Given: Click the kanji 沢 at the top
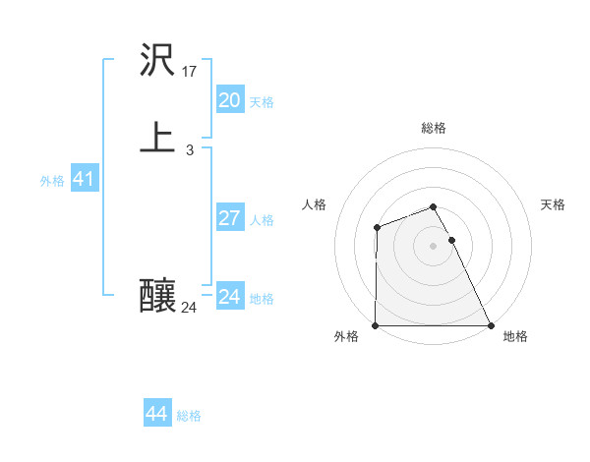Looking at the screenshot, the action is [159, 62].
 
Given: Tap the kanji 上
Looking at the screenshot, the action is [158, 139].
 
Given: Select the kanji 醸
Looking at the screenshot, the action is [158, 295].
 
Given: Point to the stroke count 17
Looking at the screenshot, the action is [190, 71].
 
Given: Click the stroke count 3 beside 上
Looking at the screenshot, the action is [189, 150].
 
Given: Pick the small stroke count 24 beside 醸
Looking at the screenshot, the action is [189, 308].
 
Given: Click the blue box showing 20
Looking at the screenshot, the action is [229, 99].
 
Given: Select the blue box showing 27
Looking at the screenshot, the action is [229, 218].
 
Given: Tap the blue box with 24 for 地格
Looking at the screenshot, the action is [229, 297].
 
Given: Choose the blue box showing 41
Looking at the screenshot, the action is [84, 179].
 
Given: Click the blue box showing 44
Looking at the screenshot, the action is [156, 414].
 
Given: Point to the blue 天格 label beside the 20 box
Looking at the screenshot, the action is [262, 102].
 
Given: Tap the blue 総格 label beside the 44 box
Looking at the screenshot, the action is [189, 416].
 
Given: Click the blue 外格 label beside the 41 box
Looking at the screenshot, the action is [52, 181].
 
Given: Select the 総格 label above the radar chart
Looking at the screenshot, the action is [434, 128].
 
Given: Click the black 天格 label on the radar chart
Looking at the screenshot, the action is [554, 204].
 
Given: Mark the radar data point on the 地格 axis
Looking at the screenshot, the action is [491, 325].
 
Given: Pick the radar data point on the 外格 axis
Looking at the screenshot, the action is [376, 325].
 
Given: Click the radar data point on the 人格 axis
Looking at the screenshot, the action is [377, 228].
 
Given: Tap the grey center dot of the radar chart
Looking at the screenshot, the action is [434, 246].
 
